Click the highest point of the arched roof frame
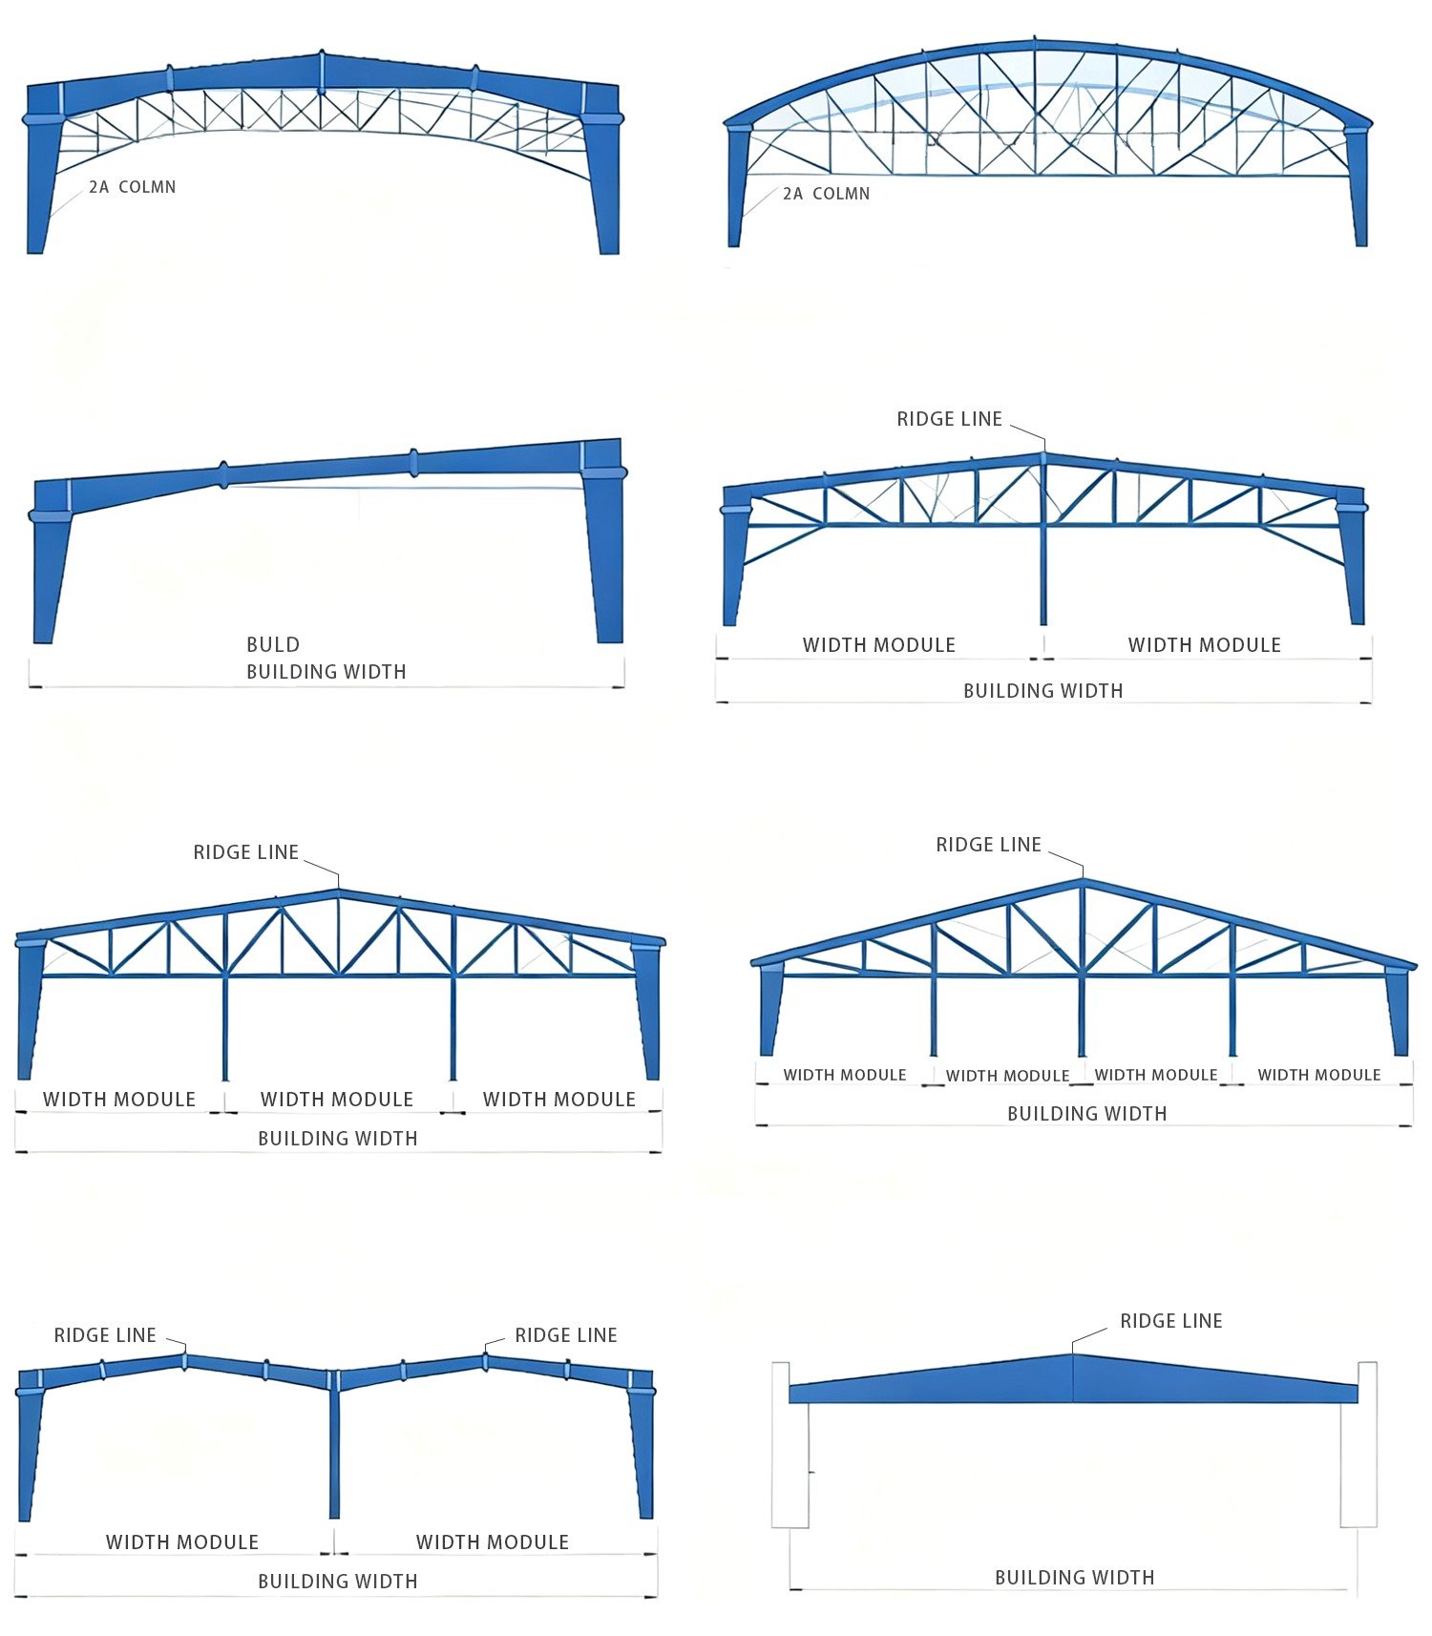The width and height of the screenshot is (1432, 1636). click(1036, 41)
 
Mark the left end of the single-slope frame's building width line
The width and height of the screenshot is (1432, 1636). click(30, 685)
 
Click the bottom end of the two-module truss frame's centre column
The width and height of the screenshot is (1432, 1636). click(1043, 624)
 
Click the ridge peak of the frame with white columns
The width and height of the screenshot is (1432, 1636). click(1073, 1354)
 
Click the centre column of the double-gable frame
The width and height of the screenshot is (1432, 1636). click(334, 1443)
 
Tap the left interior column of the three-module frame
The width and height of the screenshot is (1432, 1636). click(225, 1027)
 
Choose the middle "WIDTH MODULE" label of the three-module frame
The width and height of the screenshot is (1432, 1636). click(337, 1100)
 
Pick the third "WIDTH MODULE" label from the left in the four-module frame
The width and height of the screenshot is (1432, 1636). click(1156, 1075)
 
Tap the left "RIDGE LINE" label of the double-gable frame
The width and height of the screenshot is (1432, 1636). click(105, 1335)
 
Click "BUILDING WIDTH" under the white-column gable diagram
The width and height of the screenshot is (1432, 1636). click(1075, 1578)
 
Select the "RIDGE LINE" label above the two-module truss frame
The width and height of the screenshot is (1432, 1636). click(950, 419)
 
